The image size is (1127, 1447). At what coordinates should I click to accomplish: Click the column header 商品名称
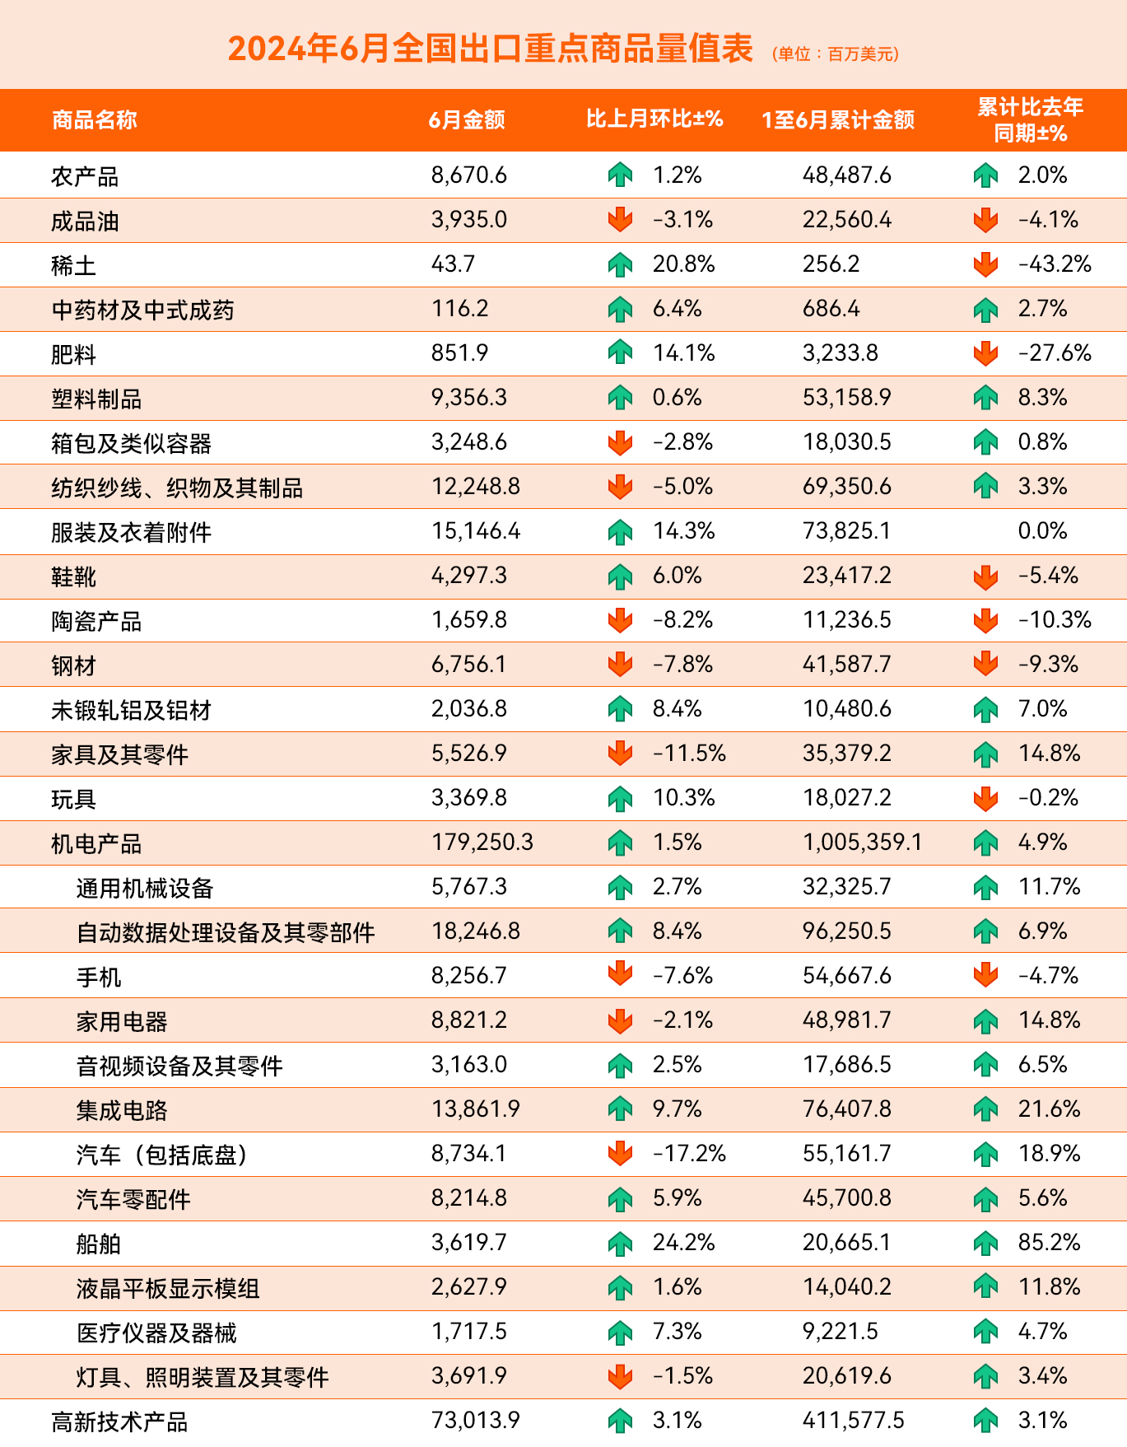(94, 120)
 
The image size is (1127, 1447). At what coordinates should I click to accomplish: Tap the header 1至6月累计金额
(838, 120)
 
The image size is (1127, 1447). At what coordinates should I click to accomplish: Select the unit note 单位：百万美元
(836, 54)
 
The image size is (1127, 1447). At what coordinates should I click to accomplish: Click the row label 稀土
(73, 265)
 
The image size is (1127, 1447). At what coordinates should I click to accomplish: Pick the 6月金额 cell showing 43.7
(453, 264)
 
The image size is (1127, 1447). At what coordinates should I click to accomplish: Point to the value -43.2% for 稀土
(1055, 264)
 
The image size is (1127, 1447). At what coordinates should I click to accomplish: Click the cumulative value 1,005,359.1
(863, 843)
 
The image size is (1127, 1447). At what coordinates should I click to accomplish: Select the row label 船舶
(99, 1244)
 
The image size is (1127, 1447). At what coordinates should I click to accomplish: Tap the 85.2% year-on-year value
(1049, 1243)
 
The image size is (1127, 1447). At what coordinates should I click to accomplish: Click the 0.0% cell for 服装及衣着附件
(1042, 531)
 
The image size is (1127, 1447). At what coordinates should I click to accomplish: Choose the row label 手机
(99, 977)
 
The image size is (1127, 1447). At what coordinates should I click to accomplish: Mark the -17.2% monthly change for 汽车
(689, 1154)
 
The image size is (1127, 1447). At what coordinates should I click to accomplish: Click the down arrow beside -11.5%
(620, 754)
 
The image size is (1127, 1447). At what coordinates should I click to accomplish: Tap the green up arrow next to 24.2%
(620, 1244)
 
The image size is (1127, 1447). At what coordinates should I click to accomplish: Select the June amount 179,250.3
(482, 843)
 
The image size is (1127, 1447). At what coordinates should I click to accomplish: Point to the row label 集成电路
(122, 1110)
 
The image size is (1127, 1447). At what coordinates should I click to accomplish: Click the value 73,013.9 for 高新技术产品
(476, 1421)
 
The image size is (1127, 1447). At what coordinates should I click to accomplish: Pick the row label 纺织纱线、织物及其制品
(177, 488)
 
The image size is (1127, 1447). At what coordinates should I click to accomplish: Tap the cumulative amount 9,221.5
(841, 1332)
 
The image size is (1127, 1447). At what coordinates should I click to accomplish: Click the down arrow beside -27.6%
(985, 354)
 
